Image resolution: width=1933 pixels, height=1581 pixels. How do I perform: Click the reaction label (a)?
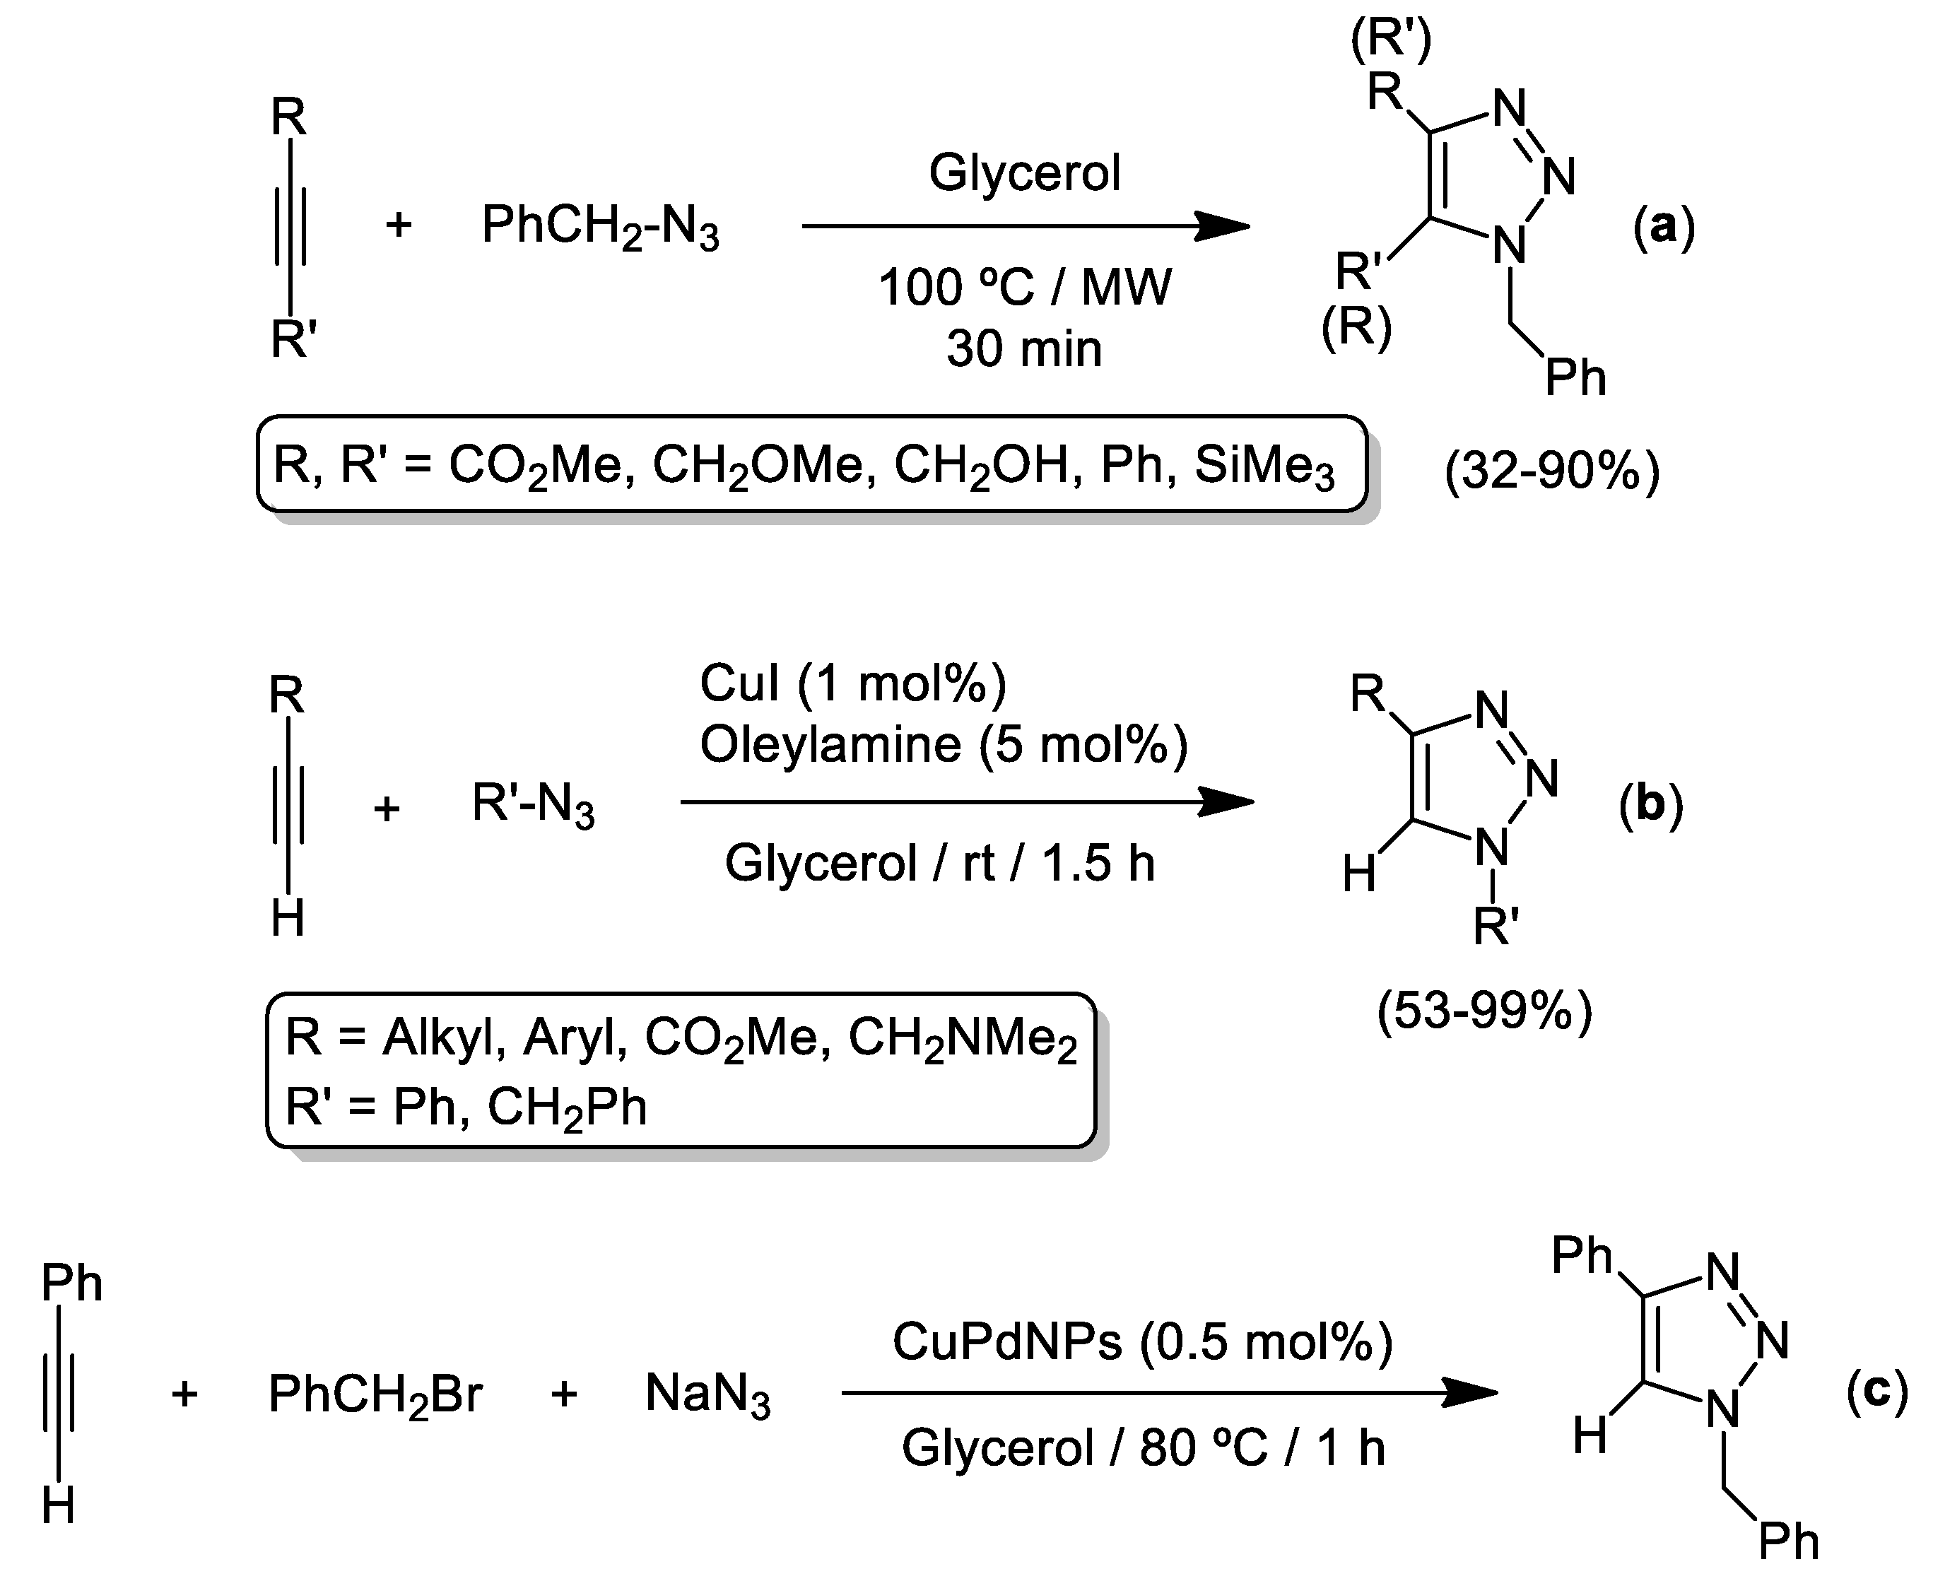point(1664,226)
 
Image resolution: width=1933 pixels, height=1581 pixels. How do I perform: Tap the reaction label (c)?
point(1876,1392)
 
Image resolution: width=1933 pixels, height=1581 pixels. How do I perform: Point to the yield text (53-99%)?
point(1484,1011)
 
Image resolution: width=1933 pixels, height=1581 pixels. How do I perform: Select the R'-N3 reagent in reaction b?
point(533,805)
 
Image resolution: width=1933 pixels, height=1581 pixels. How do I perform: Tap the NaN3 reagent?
point(707,1394)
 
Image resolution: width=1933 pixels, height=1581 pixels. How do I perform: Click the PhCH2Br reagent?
point(375,1394)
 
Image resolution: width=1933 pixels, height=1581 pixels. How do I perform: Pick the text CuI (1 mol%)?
point(853,683)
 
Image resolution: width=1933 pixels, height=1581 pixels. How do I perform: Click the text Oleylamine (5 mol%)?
point(944,744)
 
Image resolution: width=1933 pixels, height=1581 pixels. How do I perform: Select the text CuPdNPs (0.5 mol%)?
point(1141,1341)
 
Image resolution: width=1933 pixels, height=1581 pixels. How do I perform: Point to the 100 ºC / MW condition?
point(1024,288)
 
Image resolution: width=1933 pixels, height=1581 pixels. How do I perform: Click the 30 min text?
point(1024,348)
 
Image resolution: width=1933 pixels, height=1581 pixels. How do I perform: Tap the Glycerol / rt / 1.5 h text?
point(939,862)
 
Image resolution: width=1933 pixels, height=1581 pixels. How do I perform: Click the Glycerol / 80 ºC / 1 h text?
point(1143,1448)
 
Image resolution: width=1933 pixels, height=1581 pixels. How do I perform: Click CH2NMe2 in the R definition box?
point(963,1039)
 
